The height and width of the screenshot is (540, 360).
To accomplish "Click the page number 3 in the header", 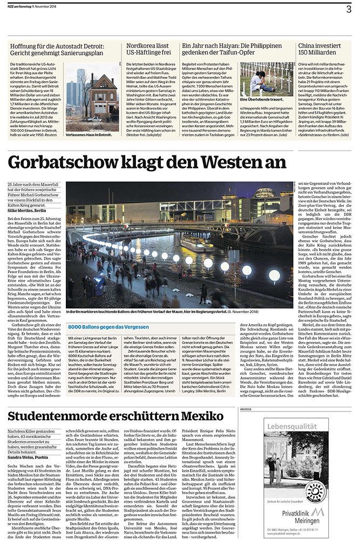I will click(x=349, y=9).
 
